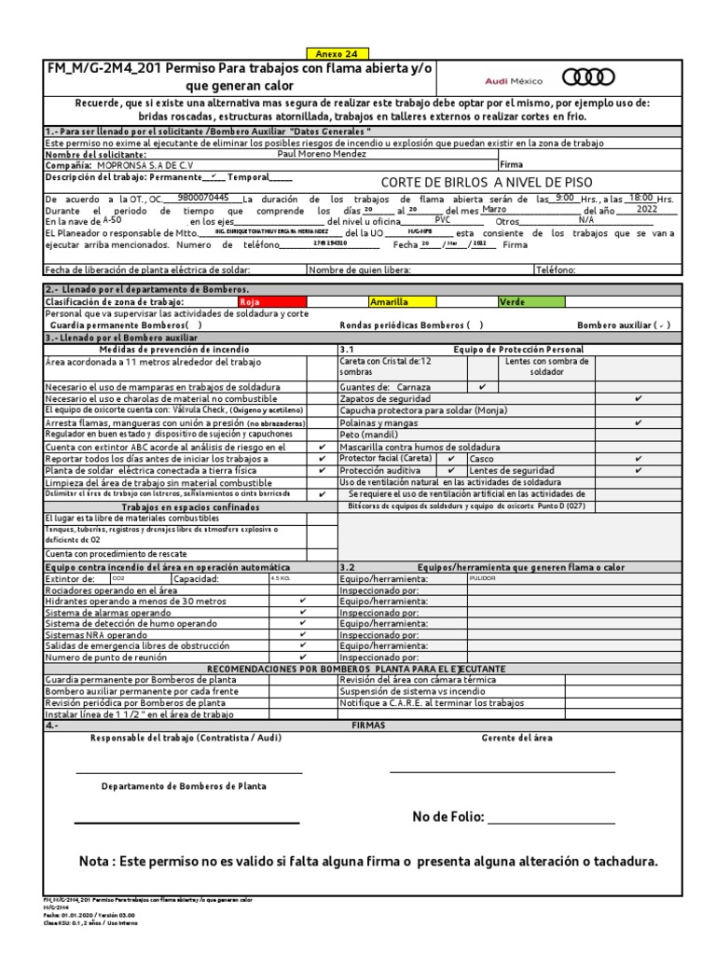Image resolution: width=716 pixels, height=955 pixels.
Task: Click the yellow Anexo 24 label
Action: [331, 53]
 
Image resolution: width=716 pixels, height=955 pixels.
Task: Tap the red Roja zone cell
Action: [270, 302]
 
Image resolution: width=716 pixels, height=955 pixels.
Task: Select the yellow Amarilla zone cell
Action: [401, 302]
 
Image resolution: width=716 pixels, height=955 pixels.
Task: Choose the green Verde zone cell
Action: [530, 302]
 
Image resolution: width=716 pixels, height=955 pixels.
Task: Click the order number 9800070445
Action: [202, 198]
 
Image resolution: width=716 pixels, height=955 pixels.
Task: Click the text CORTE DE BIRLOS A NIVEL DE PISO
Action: [487, 182]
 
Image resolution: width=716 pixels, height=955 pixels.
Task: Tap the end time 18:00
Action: [640, 198]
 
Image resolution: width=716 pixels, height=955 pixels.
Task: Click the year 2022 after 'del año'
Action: [646, 210]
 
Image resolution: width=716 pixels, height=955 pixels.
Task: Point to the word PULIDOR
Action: [483, 578]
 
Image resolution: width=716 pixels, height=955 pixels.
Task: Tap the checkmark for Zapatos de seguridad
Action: [639, 398]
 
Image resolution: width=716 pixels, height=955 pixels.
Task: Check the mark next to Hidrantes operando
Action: [302, 602]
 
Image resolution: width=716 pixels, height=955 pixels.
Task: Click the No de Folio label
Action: [448, 817]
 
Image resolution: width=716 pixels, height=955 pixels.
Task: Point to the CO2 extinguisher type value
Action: [118, 578]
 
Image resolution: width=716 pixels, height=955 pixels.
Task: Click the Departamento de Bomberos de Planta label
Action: [184, 786]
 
